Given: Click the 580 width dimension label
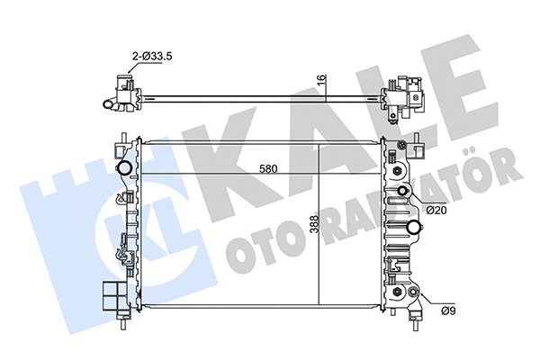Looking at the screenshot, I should coord(265,168).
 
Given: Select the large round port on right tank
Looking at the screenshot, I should coord(415,226).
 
